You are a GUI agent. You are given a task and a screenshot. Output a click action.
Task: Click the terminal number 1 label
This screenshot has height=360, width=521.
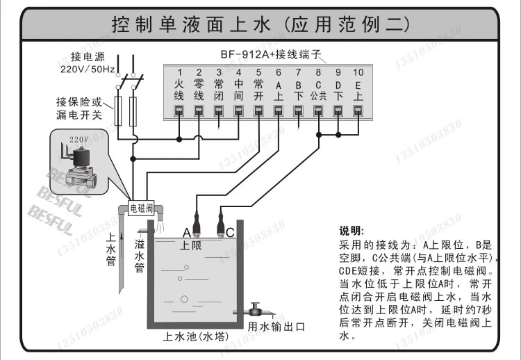tap(179, 72)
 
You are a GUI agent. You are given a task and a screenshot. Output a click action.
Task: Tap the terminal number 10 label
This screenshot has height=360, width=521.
tap(358, 72)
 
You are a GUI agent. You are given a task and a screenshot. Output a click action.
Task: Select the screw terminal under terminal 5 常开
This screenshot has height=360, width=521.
tap(258, 111)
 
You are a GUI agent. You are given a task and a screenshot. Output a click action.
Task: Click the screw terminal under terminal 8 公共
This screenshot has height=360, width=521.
tap(318, 111)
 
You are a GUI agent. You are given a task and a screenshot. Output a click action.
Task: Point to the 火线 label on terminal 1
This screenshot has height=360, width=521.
tap(179, 90)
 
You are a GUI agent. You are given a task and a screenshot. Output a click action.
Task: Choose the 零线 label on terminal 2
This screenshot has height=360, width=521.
tap(199, 90)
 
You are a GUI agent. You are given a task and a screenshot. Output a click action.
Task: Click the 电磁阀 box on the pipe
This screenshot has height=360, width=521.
tap(142, 208)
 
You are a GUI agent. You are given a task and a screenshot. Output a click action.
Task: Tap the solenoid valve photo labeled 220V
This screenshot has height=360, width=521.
tap(79, 162)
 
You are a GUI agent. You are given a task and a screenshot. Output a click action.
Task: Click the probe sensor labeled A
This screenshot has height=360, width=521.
tap(197, 224)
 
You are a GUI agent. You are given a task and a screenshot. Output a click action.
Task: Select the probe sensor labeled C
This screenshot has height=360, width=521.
tap(220, 224)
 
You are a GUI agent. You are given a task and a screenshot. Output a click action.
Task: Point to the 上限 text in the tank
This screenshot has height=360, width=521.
tap(191, 245)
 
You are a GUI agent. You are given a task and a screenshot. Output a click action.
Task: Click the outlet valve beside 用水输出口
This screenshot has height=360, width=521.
tap(254, 310)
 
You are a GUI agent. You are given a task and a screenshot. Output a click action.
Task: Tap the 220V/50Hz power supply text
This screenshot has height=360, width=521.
tap(88, 69)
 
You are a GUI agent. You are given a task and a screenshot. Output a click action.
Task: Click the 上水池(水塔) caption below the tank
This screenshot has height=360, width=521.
tap(196, 337)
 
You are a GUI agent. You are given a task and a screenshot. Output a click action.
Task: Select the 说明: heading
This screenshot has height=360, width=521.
tap(352, 231)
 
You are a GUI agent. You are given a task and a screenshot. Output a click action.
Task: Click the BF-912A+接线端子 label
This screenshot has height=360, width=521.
tap(271, 54)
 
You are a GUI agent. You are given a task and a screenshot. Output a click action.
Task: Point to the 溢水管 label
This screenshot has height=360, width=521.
tap(140, 256)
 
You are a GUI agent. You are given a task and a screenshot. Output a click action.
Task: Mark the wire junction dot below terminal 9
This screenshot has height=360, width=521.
tap(338, 135)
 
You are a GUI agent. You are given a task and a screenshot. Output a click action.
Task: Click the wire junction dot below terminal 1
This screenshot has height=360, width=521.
tap(179, 139)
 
